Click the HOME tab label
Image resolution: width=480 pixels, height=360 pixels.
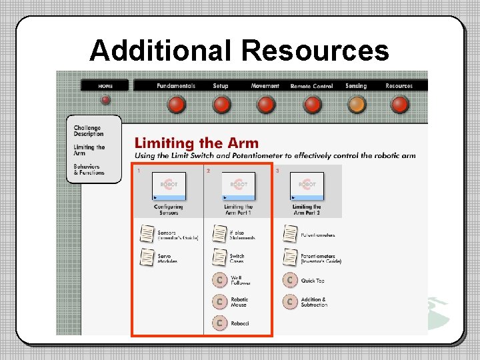point(105,86)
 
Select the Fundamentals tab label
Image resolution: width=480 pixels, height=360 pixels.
point(176,86)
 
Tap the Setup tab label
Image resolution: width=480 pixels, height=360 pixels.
point(221,86)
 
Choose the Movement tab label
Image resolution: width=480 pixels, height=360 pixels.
point(265,86)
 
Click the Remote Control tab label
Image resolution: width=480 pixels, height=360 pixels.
point(311,86)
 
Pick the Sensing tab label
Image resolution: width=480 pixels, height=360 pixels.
point(356,86)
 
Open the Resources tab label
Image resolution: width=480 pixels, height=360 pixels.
point(399,86)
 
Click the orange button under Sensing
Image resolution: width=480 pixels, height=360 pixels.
point(357,104)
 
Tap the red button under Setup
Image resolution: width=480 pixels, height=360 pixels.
point(221,104)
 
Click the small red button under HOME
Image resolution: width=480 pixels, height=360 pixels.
point(105,100)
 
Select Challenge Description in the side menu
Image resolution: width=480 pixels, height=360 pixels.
point(89,131)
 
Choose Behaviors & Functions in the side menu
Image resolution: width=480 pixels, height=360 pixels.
point(89,169)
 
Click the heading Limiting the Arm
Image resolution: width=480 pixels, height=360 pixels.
point(196,143)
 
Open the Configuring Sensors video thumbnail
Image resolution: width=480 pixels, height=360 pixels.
point(169,187)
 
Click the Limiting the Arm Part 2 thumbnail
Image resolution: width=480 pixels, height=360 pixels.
point(307,187)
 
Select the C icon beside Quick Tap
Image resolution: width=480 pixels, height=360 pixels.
point(289,280)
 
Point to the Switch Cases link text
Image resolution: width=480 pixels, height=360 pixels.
point(237,258)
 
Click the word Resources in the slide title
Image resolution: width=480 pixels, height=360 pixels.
point(315,51)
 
